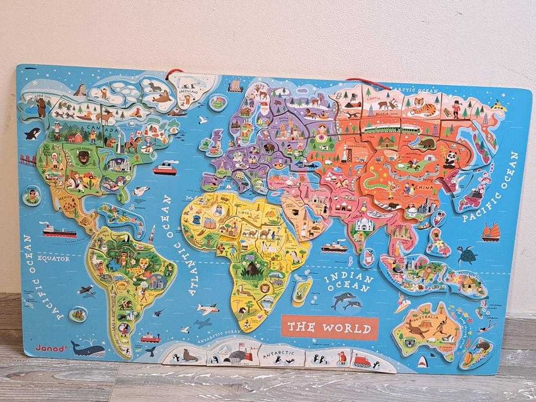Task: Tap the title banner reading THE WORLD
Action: [329, 328]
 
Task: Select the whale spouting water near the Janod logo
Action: [88, 348]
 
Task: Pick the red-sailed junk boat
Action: [491, 231]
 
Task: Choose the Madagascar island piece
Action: [300, 290]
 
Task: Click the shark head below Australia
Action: [425, 362]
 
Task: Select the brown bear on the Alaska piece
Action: [41, 107]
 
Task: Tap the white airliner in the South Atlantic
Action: [207, 309]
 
